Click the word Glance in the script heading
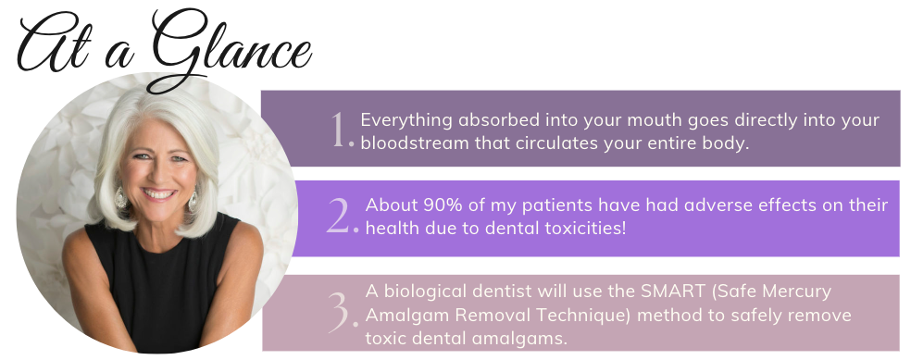(232, 49)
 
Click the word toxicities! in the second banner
(586, 228)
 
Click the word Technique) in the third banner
(591, 316)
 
